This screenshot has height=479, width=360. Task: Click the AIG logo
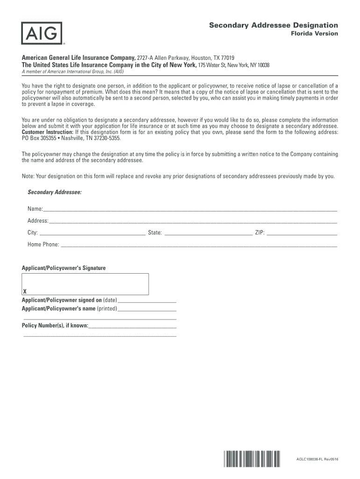[41, 34]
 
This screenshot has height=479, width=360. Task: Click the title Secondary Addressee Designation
[273, 25]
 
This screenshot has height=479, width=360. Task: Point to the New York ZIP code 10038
[260, 65]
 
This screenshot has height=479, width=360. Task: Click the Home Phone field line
[199, 246]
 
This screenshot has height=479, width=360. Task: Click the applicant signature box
[86, 283]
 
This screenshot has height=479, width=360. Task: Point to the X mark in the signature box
[25, 291]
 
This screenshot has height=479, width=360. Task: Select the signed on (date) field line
[147, 302]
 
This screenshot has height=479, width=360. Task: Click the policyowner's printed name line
[147, 311]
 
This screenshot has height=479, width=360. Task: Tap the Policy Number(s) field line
[132, 327]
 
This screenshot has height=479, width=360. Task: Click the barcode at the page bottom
[252, 459]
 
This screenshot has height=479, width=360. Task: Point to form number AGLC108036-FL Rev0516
[317, 460]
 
